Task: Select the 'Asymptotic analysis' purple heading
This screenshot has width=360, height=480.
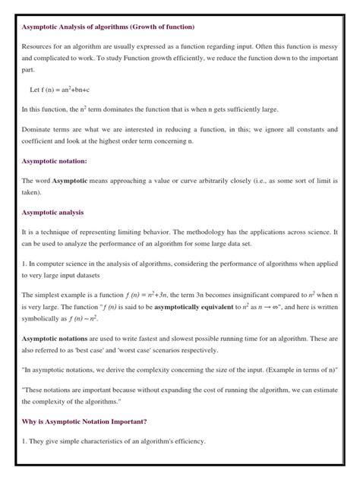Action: point(52,212)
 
